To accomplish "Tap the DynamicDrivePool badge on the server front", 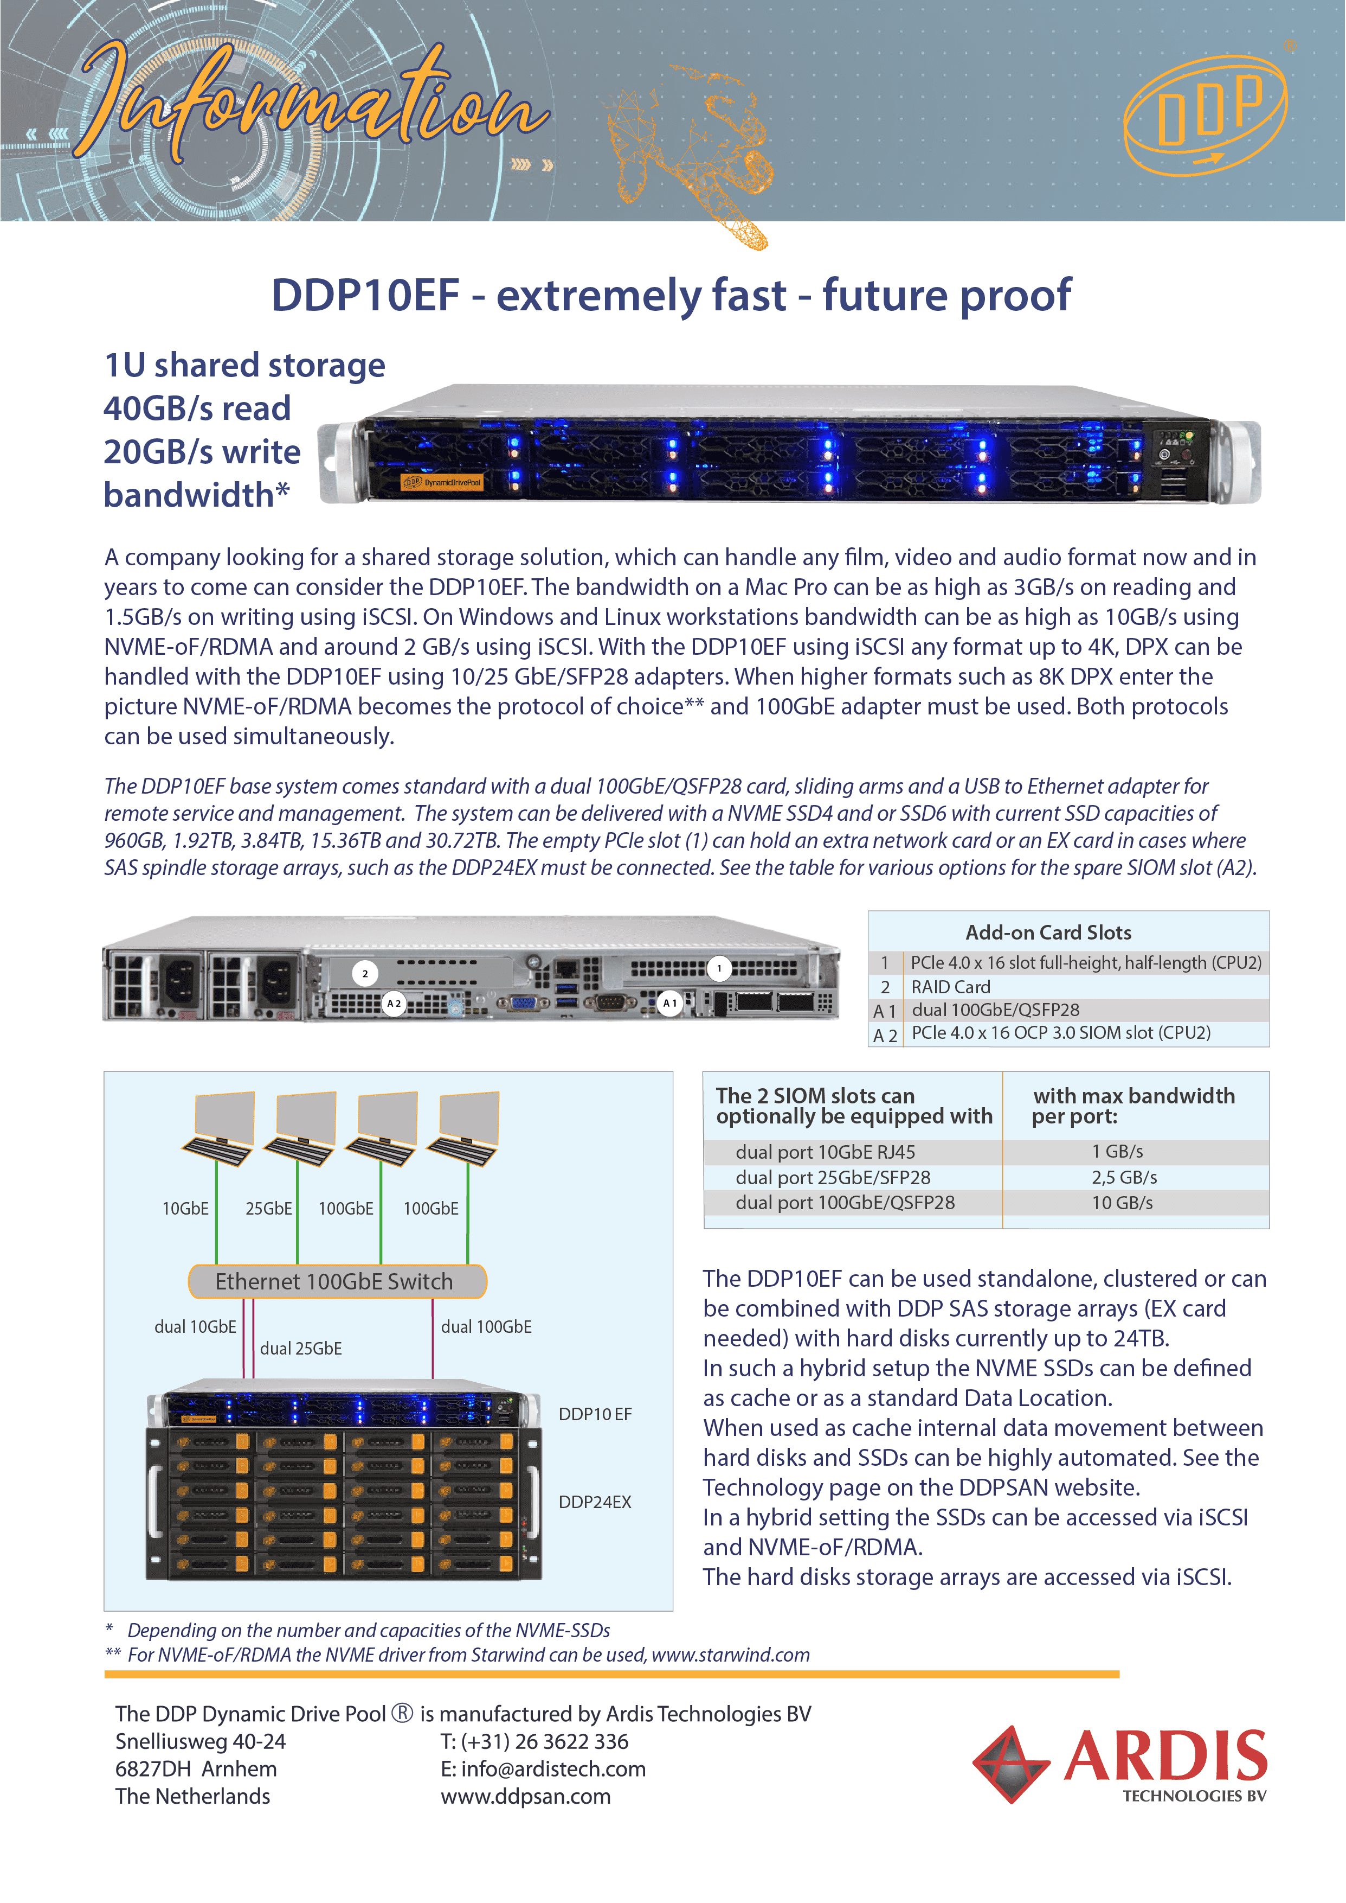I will pos(442,482).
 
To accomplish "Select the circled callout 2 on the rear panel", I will pos(365,974).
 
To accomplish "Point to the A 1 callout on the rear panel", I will pos(669,1002).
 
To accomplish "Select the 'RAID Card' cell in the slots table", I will pos(951,987).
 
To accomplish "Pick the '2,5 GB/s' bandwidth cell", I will pos(1124,1178).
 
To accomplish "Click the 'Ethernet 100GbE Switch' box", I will pos(336,1281).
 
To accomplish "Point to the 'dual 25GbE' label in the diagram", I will pos(301,1348).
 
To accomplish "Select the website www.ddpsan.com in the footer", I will pos(525,1796).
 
